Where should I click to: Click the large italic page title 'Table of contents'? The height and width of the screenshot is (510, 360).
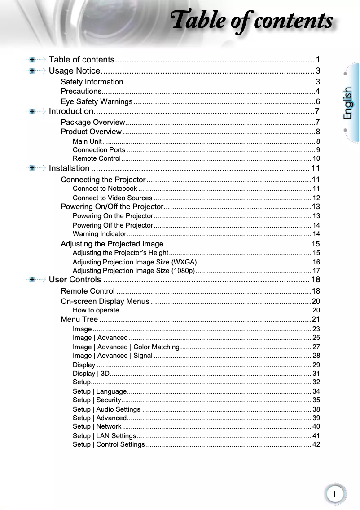point(252,21)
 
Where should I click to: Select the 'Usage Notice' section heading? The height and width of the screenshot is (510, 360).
point(74,71)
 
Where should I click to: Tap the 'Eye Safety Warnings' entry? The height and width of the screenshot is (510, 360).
point(97,101)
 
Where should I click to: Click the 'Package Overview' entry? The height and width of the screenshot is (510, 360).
point(92,122)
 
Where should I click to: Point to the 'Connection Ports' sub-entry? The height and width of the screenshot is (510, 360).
point(99,150)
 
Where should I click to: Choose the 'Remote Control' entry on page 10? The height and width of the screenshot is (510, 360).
point(97,158)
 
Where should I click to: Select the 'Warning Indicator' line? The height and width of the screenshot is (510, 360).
point(99,234)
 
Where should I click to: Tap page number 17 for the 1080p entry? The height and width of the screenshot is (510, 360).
point(316,271)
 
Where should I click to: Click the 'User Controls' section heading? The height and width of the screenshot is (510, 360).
point(75,280)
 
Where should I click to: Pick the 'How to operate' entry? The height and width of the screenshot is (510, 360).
point(96,310)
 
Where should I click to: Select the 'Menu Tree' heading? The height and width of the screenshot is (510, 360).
point(79,320)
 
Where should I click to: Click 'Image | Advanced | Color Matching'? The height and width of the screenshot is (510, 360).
point(126,347)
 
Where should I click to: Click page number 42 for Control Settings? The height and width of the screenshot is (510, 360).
point(316,444)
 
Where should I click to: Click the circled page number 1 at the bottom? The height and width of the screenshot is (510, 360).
point(334,494)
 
